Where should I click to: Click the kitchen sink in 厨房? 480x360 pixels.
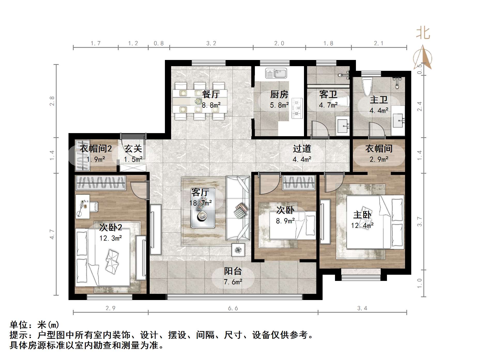pyautogui.click(x=276, y=73)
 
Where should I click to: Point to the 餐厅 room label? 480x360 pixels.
pyautogui.click(x=211, y=94)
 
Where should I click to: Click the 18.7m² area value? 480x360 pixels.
pyautogui.click(x=201, y=203)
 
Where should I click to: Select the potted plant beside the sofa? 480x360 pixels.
pyautogui.click(x=238, y=250)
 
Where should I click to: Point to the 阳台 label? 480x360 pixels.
pyautogui.click(x=233, y=271)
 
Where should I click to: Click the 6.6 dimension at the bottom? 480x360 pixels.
pyautogui.click(x=233, y=308)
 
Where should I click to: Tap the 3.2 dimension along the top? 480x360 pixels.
pyautogui.click(x=211, y=43)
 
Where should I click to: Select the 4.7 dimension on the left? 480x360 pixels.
pyautogui.click(x=52, y=234)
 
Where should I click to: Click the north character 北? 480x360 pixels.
pyautogui.click(x=423, y=33)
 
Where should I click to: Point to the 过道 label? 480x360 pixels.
pyautogui.click(x=302, y=149)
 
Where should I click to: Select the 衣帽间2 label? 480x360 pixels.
pyautogui.click(x=96, y=149)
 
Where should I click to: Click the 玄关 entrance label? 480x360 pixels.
pyautogui.click(x=133, y=149)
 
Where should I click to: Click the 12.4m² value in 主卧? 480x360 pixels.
pyautogui.click(x=362, y=226)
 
